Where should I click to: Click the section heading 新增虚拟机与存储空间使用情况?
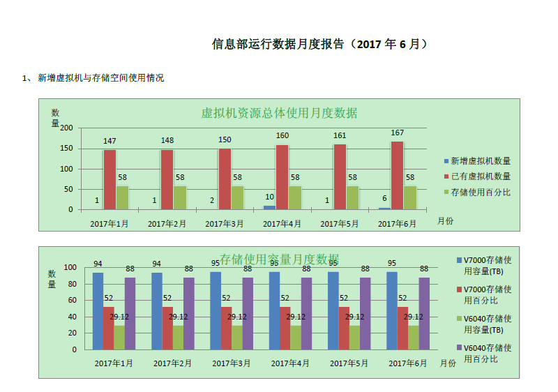click(x=100, y=78)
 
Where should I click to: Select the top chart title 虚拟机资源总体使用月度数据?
click(x=279, y=113)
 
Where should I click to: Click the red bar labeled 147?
click(x=110, y=180)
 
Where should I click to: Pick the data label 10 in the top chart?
click(x=269, y=197)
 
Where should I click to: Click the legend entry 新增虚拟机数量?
click(x=481, y=160)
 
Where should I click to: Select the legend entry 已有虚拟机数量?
click(x=481, y=176)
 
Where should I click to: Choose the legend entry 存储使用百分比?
click(x=481, y=192)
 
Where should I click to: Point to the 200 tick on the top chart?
click(x=66, y=128)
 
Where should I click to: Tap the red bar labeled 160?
click(x=282, y=177)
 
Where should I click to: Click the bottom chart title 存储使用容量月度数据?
click(x=280, y=259)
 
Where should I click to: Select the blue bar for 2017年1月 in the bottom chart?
click(x=98, y=311)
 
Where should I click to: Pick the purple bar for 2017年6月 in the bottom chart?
click(x=424, y=314)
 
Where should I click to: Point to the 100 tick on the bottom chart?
click(x=70, y=268)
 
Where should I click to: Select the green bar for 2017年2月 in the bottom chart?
click(x=178, y=338)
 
